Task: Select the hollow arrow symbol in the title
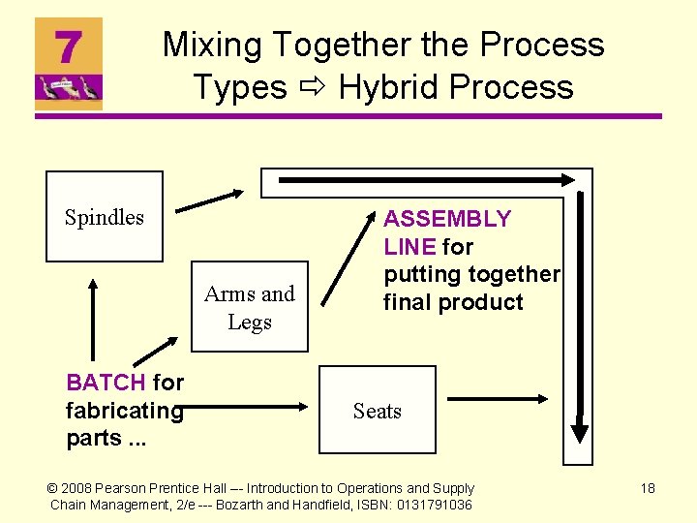pos(312,88)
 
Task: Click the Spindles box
pos(105,217)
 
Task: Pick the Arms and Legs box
pos(250,307)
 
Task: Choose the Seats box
pos(377,411)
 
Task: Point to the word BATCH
pos(105,383)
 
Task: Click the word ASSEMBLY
pos(446,219)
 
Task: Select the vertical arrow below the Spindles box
pos(93,320)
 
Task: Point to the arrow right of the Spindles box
pos(209,200)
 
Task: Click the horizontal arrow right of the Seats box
pos(499,397)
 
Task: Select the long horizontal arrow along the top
pos(426,179)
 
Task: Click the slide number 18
pos(648,488)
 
